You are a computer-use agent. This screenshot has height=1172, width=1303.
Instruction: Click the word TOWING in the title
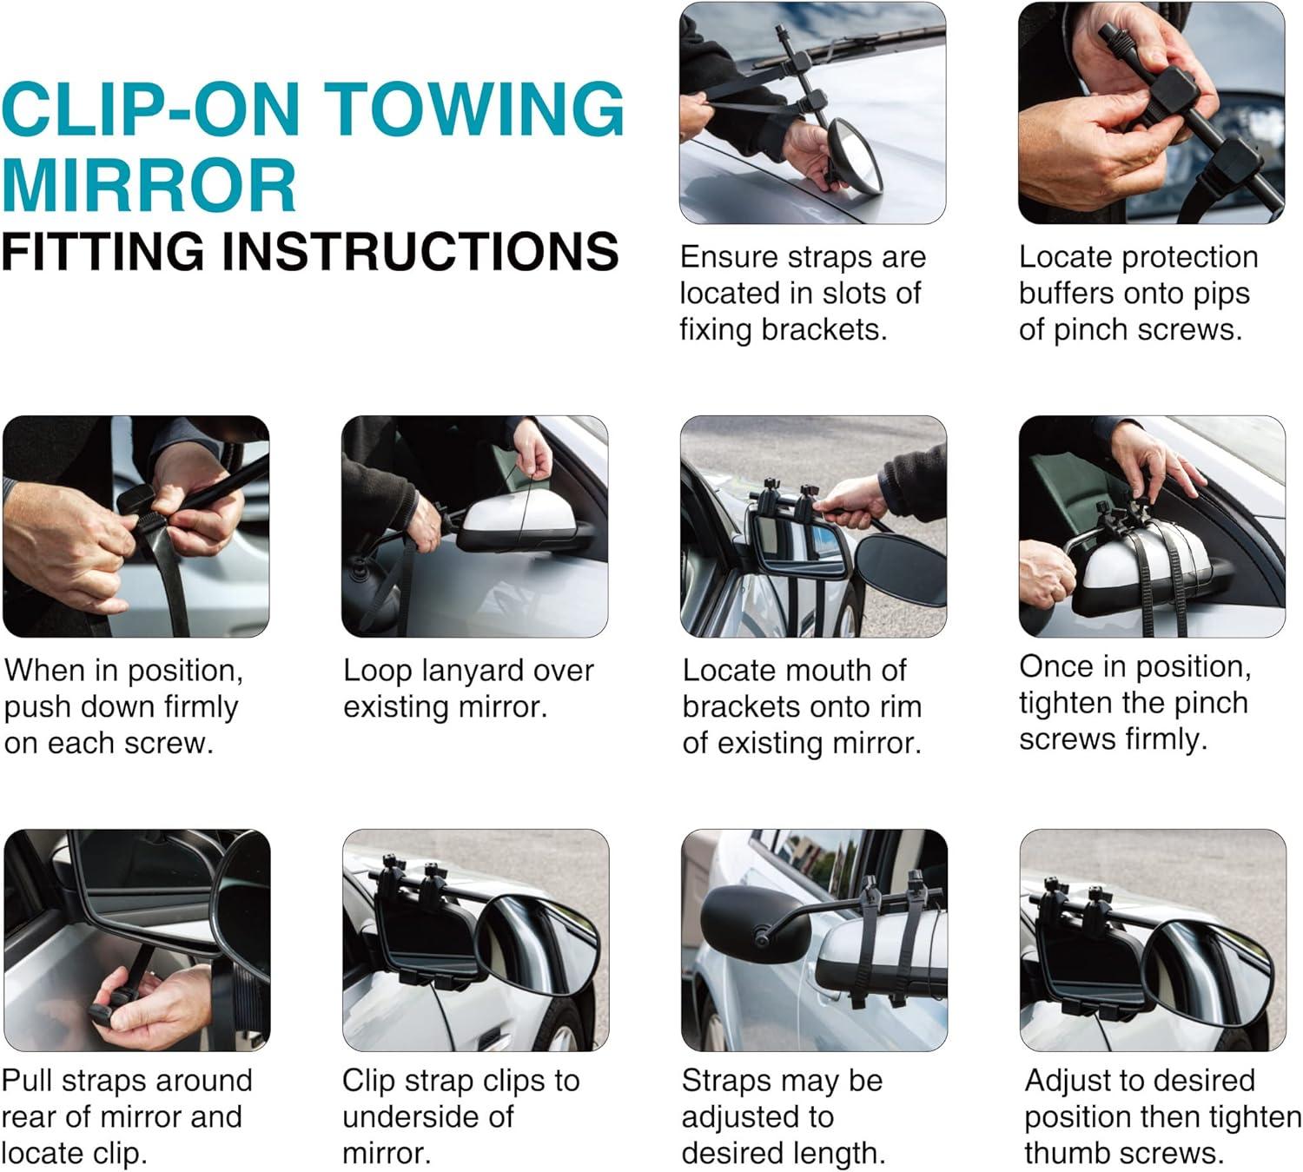[x=473, y=109]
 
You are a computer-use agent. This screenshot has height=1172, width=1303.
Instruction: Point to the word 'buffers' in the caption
[x=1066, y=293]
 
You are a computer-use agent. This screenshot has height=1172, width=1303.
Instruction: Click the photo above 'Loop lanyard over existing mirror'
[x=475, y=526]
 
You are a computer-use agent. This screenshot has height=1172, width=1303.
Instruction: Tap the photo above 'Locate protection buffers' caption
[x=1151, y=113]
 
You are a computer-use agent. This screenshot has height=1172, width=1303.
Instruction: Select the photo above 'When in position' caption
[x=136, y=526]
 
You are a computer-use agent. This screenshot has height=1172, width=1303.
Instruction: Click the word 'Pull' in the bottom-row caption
[x=27, y=1081]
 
